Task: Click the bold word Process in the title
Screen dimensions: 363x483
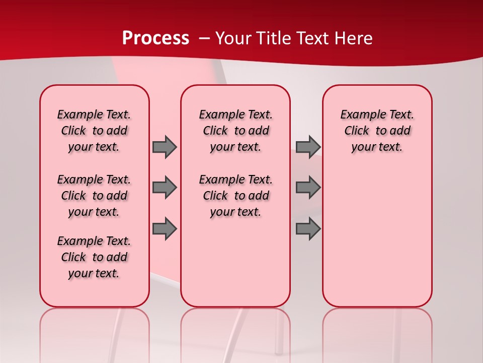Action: pyautogui.click(x=155, y=38)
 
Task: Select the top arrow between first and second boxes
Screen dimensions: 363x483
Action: pyautogui.click(x=165, y=147)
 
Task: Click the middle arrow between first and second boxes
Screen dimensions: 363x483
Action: pyautogui.click(x=165, y=188)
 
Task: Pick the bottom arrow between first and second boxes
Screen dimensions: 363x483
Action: pyautogui.click(x=165, y=228)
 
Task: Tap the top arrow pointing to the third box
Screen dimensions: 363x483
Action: pyautogui.click(x=308, y=147)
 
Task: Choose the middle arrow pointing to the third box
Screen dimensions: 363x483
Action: pyautogui.click(x=308, y=188)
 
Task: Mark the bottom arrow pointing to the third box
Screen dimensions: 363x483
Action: pyautogui.click(x=308, y=228)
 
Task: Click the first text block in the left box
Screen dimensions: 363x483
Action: pyautogui.click(x=94, y=131)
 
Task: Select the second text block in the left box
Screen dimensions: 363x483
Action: pyautogui.click(x=94, y=196)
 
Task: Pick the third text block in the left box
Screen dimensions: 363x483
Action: pyautogui.click(x=94, y=257)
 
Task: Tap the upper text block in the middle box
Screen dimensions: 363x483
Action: pyautogui.click(x=235, y=131)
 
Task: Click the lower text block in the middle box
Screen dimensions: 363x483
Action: pyautogui.click(x=235, y=196)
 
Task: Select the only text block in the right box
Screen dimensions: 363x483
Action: pyautogui.click(x=377, y=131)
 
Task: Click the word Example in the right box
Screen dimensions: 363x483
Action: pyautogui.click(x=359, y=114)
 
